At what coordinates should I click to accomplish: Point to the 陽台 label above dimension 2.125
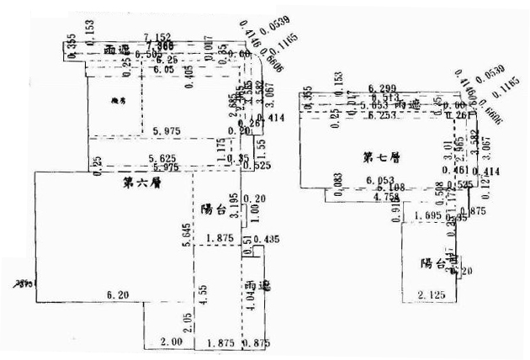pyautogui.click(x=433, y=263)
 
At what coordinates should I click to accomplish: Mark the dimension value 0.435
pyautogui.click(x=270, y=241)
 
